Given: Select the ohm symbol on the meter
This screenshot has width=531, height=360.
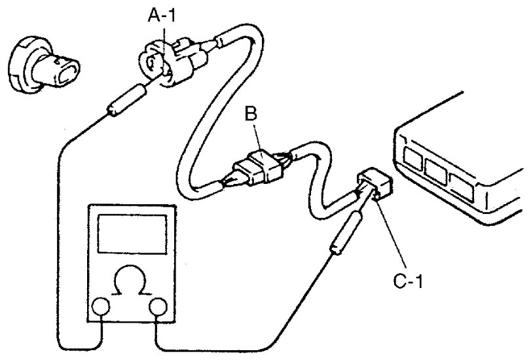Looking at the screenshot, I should (x=129, y=283).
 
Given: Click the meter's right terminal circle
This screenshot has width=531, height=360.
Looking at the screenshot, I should (x=157, y=307).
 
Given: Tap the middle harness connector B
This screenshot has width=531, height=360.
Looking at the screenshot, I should (x=260, y=164).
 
